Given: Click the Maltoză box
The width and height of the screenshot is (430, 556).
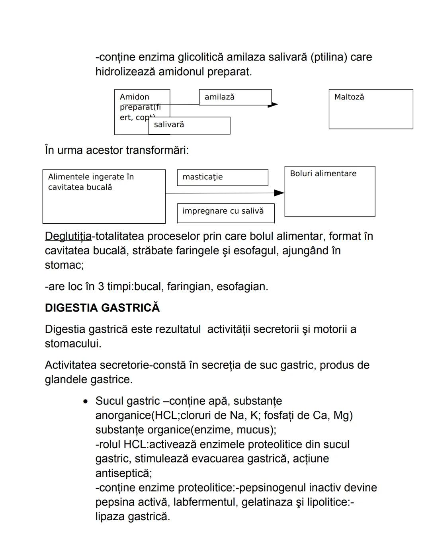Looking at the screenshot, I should click(x=371, y=109).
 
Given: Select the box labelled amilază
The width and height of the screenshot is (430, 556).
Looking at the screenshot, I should click(x=235, y=97).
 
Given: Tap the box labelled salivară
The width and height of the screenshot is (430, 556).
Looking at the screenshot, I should click(x=190, y=125).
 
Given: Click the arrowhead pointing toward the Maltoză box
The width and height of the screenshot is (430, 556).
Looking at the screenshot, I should click(x=273, y=105).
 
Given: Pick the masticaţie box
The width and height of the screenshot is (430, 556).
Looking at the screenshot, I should click(x=223, y=178).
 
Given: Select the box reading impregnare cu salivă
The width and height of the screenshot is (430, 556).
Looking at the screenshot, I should click(x=226, y=213).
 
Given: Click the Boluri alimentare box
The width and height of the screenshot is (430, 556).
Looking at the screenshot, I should click(x=330, y=191).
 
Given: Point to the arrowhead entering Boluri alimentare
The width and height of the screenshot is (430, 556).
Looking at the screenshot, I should click(x=279, y=193).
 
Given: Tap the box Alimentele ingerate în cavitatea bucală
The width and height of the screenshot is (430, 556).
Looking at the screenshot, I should click(x=104, y=196).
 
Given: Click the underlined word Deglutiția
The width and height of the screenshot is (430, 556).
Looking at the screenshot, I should click(x=68, y=236).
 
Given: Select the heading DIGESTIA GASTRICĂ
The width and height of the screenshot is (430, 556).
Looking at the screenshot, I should click(x=102, y=308).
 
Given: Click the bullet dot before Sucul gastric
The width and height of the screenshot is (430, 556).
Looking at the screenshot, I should click(x=85, y=402).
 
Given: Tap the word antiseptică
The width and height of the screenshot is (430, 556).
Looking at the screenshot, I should click(x=123, y=473).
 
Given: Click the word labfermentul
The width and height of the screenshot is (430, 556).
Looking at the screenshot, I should click(x=205, y=502).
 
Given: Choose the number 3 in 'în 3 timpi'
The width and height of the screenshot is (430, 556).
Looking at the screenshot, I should click(x=101, y=287).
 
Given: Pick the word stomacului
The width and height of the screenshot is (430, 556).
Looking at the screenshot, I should click(x=73, y=344).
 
